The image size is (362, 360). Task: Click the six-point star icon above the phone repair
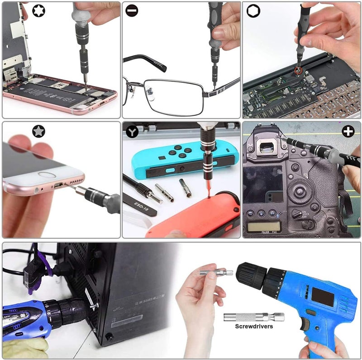[38, 11]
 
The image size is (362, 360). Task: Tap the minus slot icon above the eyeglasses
[132, 10]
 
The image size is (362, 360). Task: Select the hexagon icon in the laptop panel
[253, 11]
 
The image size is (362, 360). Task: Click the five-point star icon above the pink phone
[38, 131]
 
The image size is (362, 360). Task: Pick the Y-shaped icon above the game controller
[132, 132]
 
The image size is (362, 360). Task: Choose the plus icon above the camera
[348, 132]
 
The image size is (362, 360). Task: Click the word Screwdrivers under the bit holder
[253, 326]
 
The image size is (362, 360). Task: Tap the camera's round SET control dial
[300, 190]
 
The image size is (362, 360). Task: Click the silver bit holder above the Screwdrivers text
[253, 317]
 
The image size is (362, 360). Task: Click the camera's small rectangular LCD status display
[264, 226]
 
